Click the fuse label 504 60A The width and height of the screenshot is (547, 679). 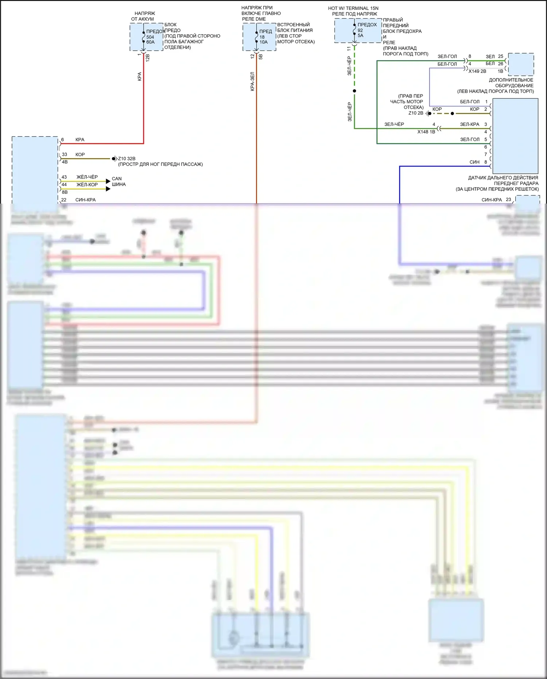tap(150, 39)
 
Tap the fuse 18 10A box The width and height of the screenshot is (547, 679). tap(259, 37)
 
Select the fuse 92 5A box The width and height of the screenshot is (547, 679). tap(358, 31)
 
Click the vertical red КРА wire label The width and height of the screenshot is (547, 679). tap(139, 76)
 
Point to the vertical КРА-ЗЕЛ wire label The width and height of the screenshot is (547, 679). tap(252, 81)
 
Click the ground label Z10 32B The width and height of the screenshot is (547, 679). tap(127, 159)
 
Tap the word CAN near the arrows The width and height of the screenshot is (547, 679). tap(117, 179)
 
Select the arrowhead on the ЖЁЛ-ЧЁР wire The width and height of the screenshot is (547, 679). tap(108, 181)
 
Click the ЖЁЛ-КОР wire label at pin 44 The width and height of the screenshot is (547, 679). tap(87, 185)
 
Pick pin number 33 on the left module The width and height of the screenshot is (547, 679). tap(65, 154)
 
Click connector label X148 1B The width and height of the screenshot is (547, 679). tap(426, 132)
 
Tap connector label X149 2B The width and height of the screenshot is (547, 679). tap(477, 71)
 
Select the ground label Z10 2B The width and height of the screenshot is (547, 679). tap(416, 113)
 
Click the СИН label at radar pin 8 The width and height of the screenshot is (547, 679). tap(474, 162)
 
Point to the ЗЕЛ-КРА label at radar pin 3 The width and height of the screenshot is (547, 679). tap(470, 124)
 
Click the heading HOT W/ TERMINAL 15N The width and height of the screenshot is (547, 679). tap(353, 8)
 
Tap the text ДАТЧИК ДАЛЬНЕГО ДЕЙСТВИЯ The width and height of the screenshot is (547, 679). tap(503, 178)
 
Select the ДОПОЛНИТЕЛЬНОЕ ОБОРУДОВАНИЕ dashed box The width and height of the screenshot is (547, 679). tap(521, 64)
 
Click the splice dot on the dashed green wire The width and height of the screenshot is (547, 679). tap(354, 91)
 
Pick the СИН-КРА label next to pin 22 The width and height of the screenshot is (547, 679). tap(85, 200)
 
